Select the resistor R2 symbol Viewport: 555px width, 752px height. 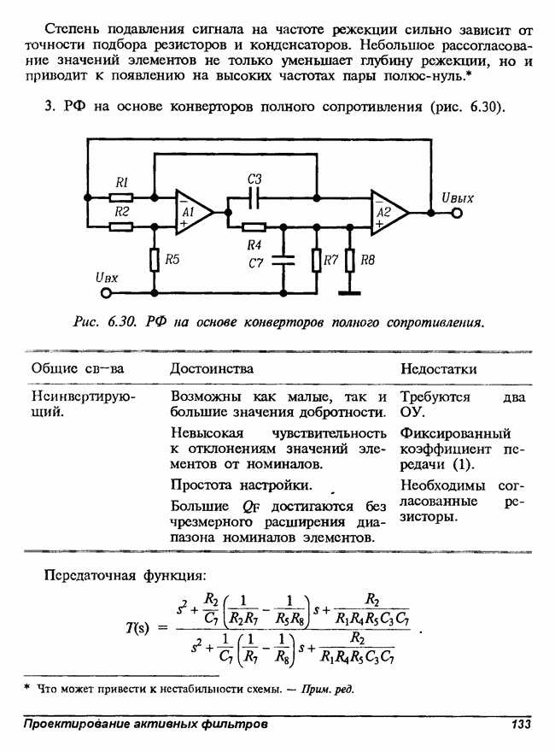click(x=121, y=226)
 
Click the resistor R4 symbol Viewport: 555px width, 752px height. click(x=254, y=226)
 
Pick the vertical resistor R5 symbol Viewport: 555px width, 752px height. click(x=155, y=259)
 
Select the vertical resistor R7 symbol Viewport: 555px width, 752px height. click(x=316, y=260)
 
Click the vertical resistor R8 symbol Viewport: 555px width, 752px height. click(x=349, y=260)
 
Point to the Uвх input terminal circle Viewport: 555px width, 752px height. click(x=107, y=293)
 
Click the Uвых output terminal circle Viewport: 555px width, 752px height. click(x=457, y=212)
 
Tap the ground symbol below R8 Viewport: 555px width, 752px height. click(x=349, y=292)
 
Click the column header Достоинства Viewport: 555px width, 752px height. click(x=212, y=368)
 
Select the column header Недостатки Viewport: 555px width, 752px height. click(x=438, y=368)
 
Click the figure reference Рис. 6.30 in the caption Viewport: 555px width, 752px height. click(x=103, y=323)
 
